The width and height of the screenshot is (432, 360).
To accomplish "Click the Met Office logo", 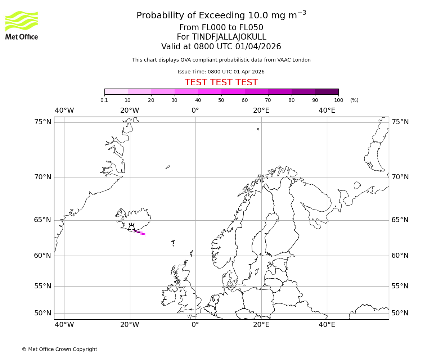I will (x=22, y=25).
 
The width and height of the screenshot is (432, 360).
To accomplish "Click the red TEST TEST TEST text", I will (x=221, y=82).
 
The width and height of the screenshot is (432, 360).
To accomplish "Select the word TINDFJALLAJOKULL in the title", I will (x=229, y=37).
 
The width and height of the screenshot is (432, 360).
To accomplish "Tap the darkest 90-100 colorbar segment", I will (x=327, y=91).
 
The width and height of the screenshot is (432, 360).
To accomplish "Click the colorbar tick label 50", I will (x=221, y=100).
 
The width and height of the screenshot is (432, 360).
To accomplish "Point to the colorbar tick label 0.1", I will (x=104, y=100).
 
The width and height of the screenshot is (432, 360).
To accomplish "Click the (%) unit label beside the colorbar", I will (x=354, y=100).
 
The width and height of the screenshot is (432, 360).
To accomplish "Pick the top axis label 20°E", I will (x=261, y=111).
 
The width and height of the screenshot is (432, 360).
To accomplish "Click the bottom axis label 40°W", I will (x=64, y=325).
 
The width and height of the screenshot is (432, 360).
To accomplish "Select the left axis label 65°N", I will (x=43, y=220).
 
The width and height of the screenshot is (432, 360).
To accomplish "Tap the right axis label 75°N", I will (x=400, y=122).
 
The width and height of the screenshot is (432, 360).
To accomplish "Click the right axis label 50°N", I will (x=400, y=313).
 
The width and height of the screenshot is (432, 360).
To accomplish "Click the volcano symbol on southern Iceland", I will (x=132, y=227).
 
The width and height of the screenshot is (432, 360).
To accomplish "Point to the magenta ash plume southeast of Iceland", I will (x=140, y=233).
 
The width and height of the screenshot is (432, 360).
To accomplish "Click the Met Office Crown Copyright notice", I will (x=59, y=349).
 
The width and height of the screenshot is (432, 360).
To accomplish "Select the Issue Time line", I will (x=221, y=72).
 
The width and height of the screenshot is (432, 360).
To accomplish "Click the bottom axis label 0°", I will (x=195, y=325).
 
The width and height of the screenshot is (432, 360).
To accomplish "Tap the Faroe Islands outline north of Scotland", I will (x=173, y=242).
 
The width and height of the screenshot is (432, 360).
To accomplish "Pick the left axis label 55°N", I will (x=43, y=286).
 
